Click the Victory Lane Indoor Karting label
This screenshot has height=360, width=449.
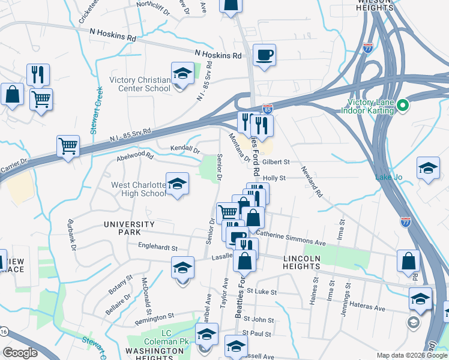[367, 106]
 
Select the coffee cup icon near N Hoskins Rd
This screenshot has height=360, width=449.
[264, 56]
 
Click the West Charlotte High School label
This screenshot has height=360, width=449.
[139, 189]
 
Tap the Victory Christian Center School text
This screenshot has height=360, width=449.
[140, 84]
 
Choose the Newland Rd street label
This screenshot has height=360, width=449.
[312, 182]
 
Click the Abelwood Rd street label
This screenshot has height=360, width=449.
[136, 157]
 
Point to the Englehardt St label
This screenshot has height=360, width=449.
[158, 247]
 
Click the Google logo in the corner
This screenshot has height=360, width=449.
[20, 353]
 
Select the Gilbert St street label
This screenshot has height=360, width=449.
[276, 162]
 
